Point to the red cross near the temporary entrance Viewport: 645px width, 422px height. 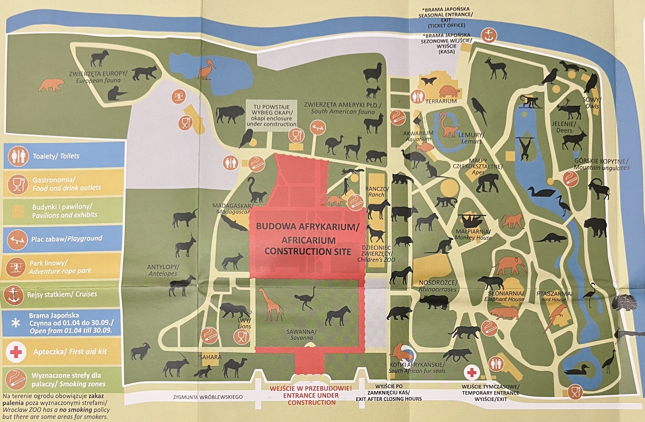[x=472, y=373]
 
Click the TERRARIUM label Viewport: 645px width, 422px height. [x=441, y=101]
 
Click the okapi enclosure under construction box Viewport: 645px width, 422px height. [x=271, y=116]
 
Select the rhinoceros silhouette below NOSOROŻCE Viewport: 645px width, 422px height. [x=434, y=301]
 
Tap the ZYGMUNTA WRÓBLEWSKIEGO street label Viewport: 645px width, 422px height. [x=208, y=397]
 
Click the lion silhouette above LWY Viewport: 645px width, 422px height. [x=234, y=310]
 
